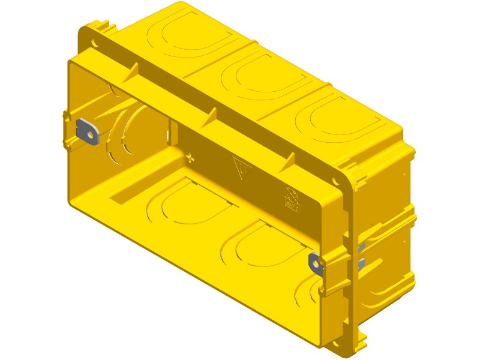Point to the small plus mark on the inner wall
click(x=190, y=158)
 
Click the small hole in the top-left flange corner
click(x=95, y=43)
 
